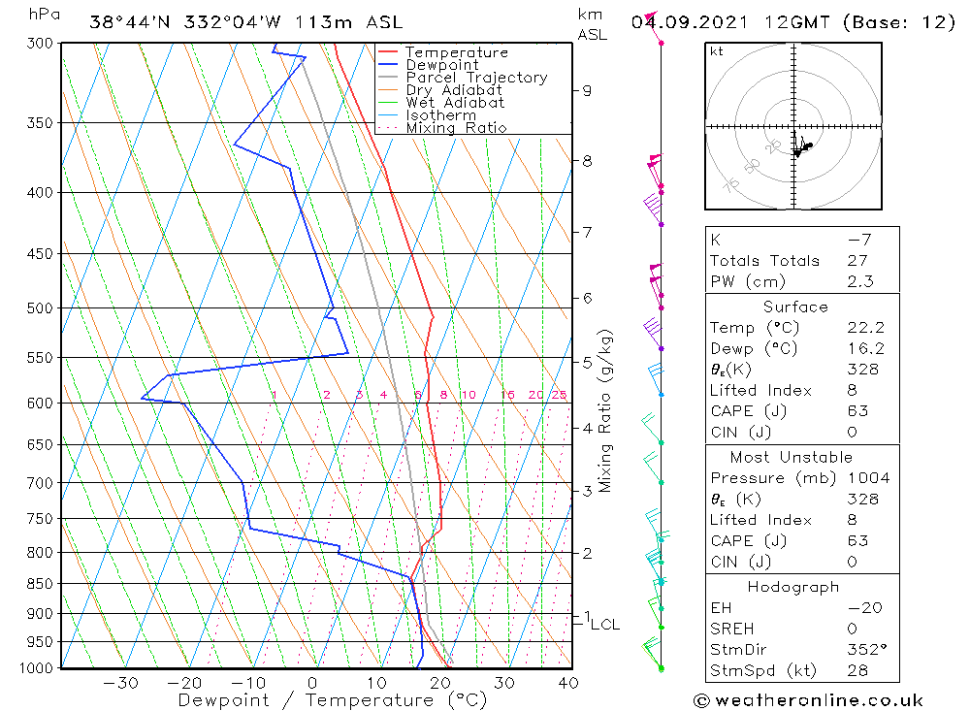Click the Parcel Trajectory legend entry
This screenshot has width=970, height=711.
[475, 78]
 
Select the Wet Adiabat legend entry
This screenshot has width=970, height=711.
[455, 103]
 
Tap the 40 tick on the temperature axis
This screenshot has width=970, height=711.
[569, 684]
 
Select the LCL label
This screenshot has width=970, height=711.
[604, 625]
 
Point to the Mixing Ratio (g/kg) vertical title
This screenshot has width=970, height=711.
[605, 410]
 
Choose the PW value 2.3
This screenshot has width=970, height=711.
[859, 281]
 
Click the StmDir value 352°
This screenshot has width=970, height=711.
[861, 650]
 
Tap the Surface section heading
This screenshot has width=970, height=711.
[795, 307]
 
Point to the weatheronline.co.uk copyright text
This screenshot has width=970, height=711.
[808, 700]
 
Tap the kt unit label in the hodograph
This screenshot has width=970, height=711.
[716, 51]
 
